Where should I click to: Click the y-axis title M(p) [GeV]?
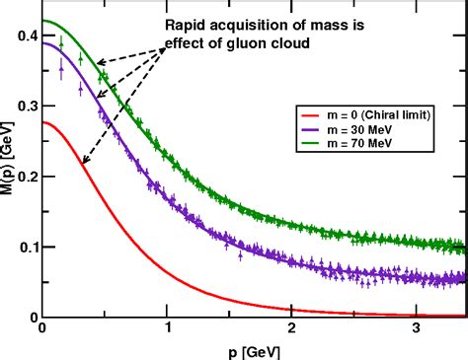click(x=9, y=163)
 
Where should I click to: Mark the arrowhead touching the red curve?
click(x=83, y=162)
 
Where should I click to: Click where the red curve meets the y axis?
click(x=42, y=122)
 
